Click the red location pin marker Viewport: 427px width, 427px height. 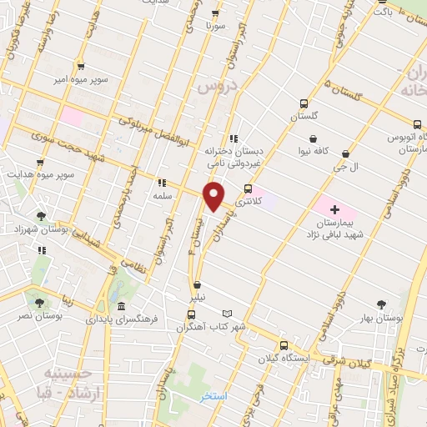(x=214, y=197)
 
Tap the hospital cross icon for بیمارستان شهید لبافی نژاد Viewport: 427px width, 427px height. (x=334, y=208)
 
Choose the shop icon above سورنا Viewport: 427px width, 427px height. (x=215, y=13)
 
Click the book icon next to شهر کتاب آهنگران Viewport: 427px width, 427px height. (x=227, y=314)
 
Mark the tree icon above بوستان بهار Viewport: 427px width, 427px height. (x=382, y=304)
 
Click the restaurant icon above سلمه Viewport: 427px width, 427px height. (x=162, y=182)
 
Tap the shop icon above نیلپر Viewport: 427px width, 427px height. (x=197, y=284)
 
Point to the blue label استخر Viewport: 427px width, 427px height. (x=213, y=396)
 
